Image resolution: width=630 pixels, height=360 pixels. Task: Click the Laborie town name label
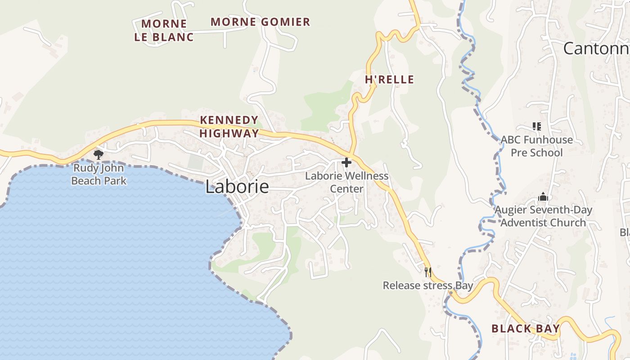coord(237,187)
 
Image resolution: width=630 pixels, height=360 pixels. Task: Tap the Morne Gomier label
coord(260,22)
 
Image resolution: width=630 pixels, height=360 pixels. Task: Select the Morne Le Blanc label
coord(164,30)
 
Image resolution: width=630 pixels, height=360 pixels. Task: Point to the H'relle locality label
coord(389,80)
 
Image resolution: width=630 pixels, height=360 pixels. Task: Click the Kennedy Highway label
coord(229,126)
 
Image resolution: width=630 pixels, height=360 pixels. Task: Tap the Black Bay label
coord(525,328)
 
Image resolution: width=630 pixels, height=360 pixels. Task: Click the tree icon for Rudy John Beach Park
coord(99,155)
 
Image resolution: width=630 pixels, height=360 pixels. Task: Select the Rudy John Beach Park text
coord(99,175)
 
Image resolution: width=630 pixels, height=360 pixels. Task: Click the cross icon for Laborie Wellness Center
coord(346,162)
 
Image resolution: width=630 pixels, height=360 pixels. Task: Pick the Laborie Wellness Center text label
coord(346,182)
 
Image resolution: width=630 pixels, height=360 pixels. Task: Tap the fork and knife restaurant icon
coord(427,272)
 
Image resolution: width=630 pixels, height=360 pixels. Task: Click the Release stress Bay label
coord(427,285)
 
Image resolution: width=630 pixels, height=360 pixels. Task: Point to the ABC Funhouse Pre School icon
coord(536,126)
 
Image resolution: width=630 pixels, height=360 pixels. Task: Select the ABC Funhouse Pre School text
coord(536,146)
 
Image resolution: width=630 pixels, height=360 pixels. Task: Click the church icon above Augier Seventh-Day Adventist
coord(543,197)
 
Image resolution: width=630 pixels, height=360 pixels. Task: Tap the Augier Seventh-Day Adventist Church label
coord(543,216)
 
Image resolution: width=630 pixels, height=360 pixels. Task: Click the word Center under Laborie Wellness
coord(346,189)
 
